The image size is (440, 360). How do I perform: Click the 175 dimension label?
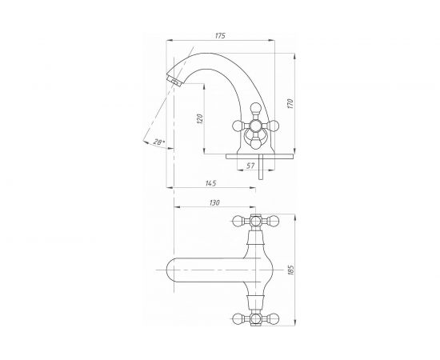click(220, 36)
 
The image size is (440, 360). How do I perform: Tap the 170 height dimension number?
click(290, 103)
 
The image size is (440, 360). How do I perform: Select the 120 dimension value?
click(199, 119)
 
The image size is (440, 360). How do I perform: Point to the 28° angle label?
click(159, 142)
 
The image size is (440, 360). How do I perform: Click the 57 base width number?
click(250, 166)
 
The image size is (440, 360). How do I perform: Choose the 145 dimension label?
click(210, 183)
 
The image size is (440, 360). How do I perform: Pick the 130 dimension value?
click(214, 202)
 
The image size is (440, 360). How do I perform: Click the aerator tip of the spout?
click(174, 80)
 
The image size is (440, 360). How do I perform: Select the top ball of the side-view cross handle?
click(256, 108)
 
